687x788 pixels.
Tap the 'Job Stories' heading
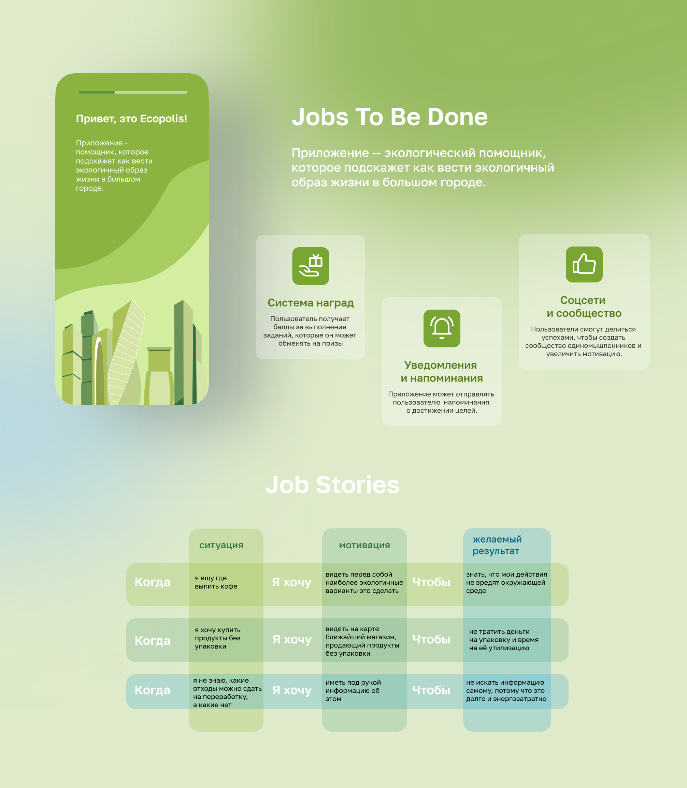point(332,485)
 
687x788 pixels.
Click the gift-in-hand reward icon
point(311,266)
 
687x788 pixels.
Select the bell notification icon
point(442,328)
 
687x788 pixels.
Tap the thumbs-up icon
point(584,264)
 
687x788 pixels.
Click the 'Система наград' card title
point(311,303)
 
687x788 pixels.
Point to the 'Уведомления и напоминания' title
point(442,372)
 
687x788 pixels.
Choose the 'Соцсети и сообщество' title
point(584,307)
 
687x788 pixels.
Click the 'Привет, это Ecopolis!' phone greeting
point(131,119)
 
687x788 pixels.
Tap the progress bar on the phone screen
point(133,92)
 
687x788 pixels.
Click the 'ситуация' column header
point(221,545)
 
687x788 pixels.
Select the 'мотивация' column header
point(364,545)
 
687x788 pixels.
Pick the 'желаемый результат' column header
point(497,545)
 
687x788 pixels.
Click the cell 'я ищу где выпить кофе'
point(216,582)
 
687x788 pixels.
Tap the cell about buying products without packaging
point(217,638)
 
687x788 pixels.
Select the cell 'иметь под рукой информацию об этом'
point(353,690)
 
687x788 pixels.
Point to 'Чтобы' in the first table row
point(431,582)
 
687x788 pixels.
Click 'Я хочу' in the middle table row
point(292,639)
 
